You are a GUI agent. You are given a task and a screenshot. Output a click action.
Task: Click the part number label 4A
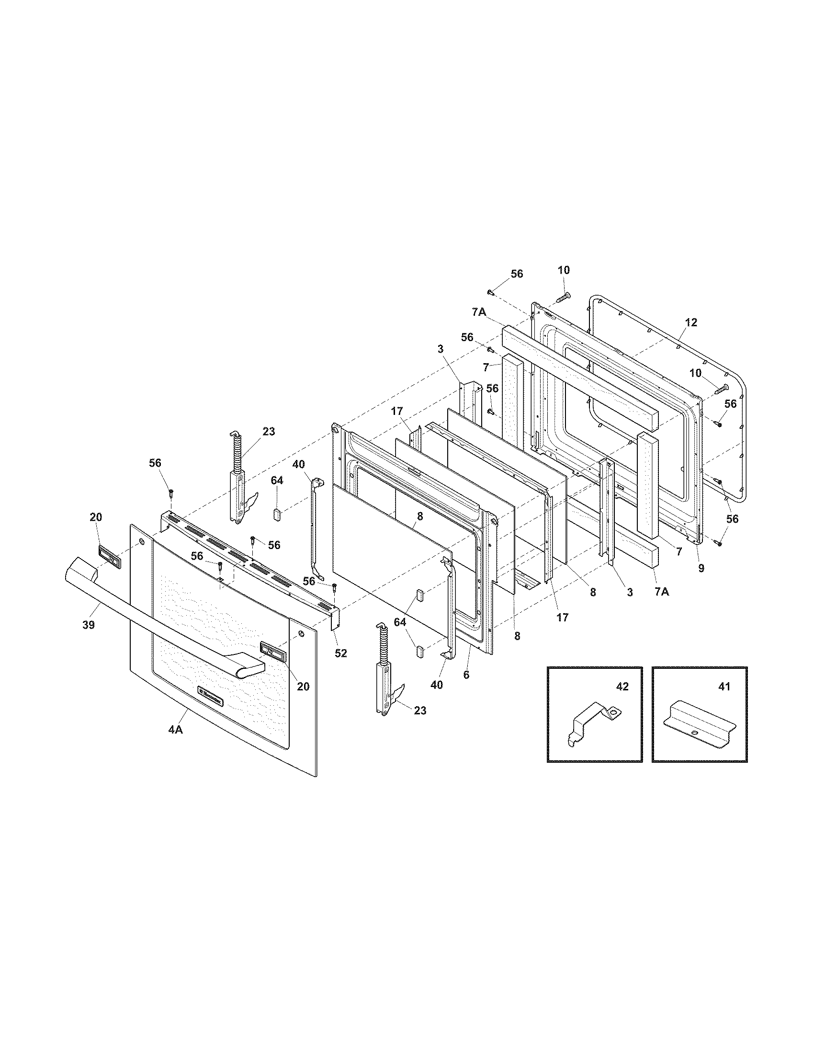175,744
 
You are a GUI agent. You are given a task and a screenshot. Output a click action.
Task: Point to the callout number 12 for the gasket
691,322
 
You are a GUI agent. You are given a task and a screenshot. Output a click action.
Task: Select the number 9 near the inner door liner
701,569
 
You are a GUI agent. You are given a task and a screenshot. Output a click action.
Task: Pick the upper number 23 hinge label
269,432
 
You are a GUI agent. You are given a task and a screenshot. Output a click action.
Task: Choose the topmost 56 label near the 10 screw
517,274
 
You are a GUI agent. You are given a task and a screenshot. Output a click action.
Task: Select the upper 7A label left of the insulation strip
478,312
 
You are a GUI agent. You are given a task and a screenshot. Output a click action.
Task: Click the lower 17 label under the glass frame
562,617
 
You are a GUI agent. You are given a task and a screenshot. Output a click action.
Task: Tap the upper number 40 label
298,464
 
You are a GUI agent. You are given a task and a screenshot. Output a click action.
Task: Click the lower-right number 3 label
630,592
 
